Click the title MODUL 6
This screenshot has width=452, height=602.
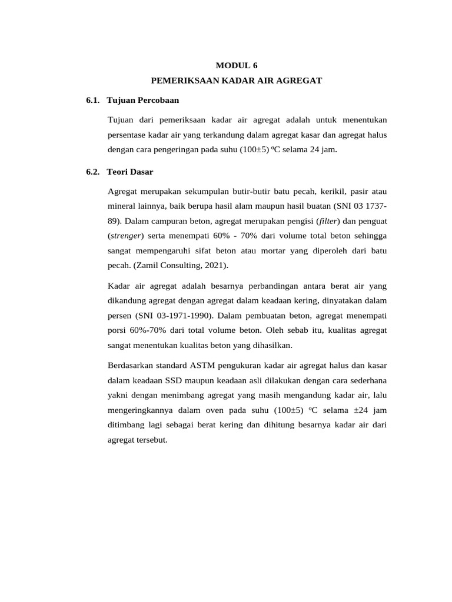pyautogui.click(x=237, y=66)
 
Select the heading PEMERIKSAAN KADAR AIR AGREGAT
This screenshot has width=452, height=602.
pyautogui.click(x=237, y=81)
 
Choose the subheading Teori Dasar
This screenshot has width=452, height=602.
pyautogui.click(x=130, y=172)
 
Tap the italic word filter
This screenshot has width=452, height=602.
pyautogui.click(x=329, y=222)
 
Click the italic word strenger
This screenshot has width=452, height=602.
pyautogui.click(x=125, y=236)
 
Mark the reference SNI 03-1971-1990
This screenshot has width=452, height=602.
pyautogui.click(x=170, y=315)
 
